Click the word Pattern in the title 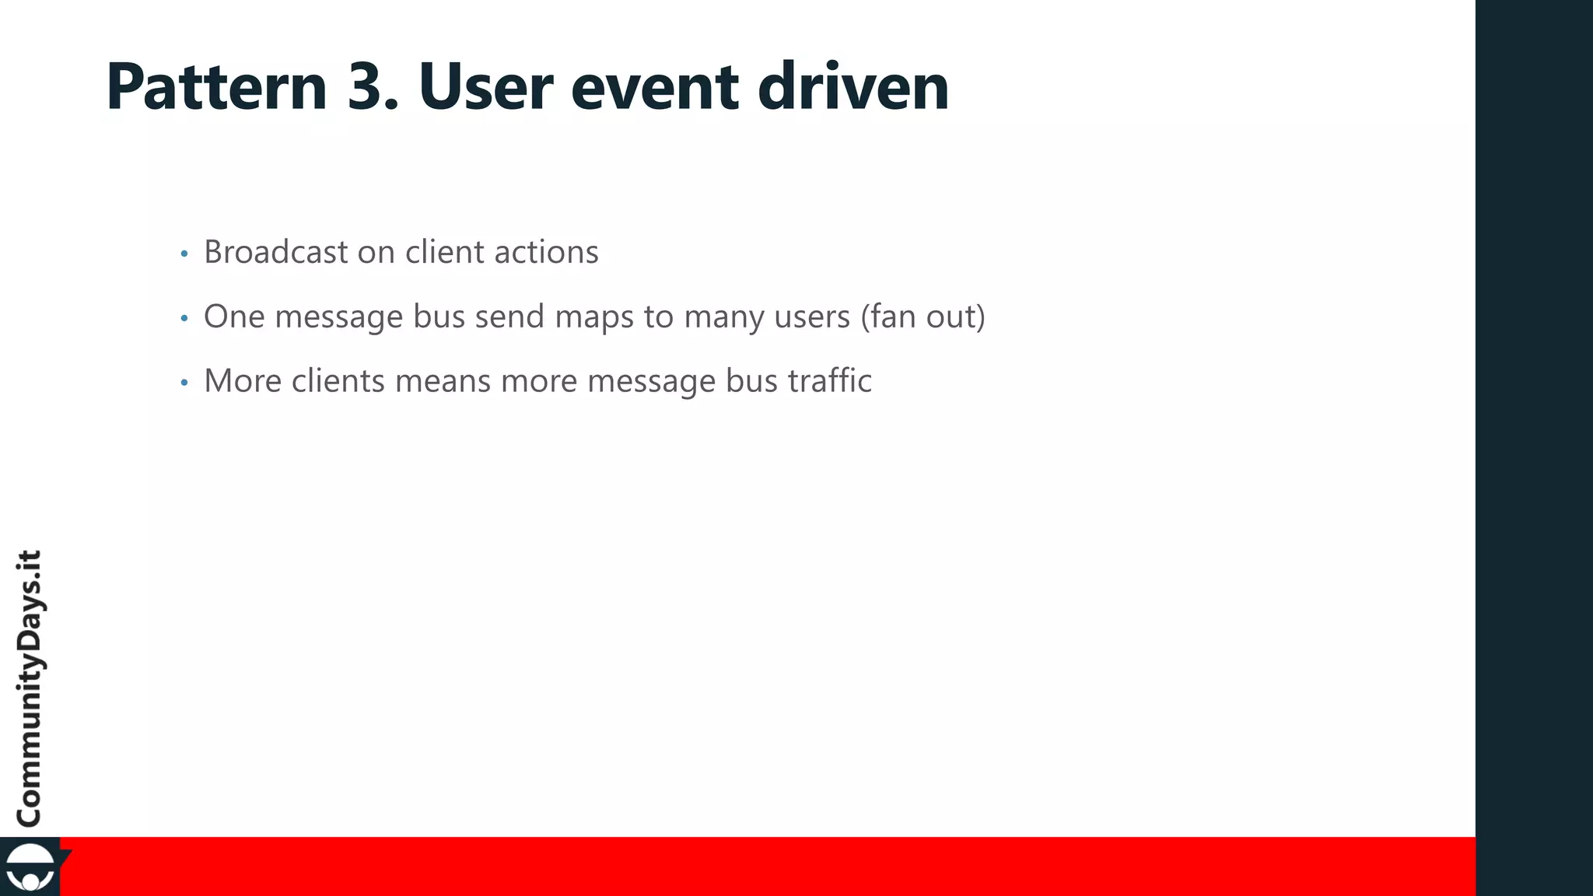pyautogui.click(x=216, y=86)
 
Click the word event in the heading pyautogui.click(x=654, y=86)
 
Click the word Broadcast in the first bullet pyautogui.click(x=276, y=252)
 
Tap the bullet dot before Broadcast pyautogui.click(x=184, y=254)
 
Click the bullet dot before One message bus pyautogui.click(x=184, y=318)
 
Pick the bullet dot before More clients pyautogui.click(x=184, y=383)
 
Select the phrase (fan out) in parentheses pyautogui.click(x=923, y=317)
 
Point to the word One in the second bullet pyautogui.click(x=234, y=317)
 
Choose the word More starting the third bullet pyautogui.click(x=243, y=381)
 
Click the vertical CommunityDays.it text pyautogui.click(x=30, y=688)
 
